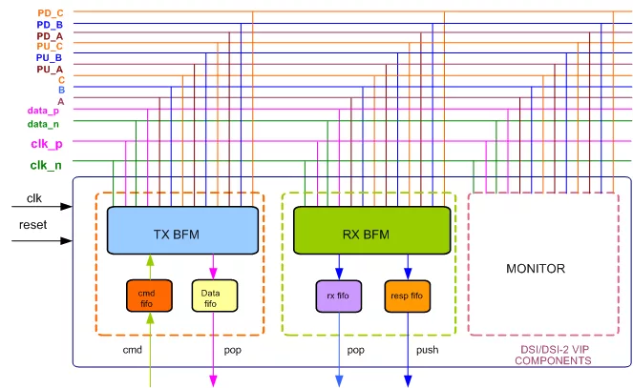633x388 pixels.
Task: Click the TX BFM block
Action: [182, 231]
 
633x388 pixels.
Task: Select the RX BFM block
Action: [371, 231]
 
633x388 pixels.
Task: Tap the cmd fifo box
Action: [149, 296]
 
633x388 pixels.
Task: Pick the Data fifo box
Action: [215, 296]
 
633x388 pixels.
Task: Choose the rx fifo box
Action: [339, 296]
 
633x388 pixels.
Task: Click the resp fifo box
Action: [408, 296]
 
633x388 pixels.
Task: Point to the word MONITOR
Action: [536, 269]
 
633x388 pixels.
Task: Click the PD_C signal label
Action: [51, 13]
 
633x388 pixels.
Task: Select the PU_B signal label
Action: [49, 58]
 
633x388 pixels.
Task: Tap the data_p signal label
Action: [43, 111]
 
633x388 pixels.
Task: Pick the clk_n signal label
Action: [46, 165]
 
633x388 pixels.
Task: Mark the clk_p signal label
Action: [47, 144]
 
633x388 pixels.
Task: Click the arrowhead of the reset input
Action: [66, 241]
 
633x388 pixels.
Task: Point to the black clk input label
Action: [34, 198]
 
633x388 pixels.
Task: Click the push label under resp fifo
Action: [428, 350]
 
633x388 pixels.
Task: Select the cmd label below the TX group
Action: [133, 350]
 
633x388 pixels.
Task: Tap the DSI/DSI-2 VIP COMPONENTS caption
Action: [553, 355]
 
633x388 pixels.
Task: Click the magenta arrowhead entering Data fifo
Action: [213, 275]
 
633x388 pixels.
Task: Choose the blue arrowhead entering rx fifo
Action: [339, 275]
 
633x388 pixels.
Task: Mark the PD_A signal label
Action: [50, 36]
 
